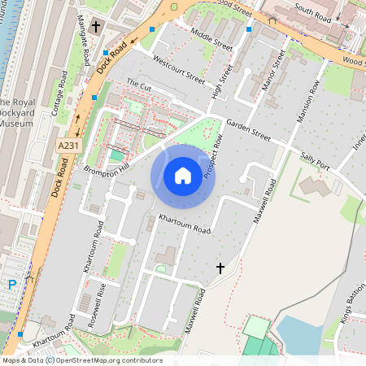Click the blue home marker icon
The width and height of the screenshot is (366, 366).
183,176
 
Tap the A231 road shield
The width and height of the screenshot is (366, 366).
69,145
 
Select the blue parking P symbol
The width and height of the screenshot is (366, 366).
12,285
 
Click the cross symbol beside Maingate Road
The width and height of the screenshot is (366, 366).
95,28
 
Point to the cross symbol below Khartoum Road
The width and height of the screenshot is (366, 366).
220,268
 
